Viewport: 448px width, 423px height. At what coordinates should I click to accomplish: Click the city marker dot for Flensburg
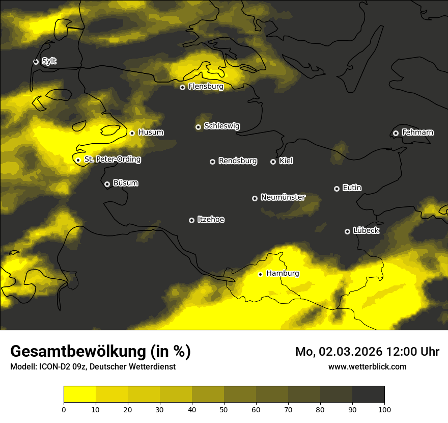pyautogui.click(x=182, y=87)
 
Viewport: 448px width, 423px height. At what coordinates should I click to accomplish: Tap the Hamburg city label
pyautogui.click(x=283, y=273)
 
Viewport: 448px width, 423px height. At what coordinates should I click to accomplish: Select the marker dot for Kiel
pyautogui.click(x=273, y=162)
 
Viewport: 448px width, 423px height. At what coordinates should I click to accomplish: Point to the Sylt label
pyautogui.click(x=49, y=61)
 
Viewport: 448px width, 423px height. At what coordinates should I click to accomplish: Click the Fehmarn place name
pyautogui.click(x=417, y=133)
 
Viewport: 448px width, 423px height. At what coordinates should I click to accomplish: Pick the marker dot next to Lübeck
pyautogui.click(x=347, y=231)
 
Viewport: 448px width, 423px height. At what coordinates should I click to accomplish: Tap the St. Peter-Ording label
pyautogui.click(x=113, y=160)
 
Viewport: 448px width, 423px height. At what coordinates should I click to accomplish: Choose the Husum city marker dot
pyautogui.click(x=132, y=133)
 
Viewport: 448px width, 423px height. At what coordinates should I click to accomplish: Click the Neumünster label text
pyautogui.click(x=283, y=197)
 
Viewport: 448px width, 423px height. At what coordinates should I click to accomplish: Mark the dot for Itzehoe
pyautogui.click(x=191, y=220)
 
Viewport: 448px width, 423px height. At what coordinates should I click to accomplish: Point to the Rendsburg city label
pyautogui.click(x=238, y=161)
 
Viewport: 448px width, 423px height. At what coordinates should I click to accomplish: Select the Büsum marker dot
pyautogui.click(x=107, y=184)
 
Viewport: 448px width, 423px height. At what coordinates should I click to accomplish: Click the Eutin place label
pyautogui.click(x=352, y=188)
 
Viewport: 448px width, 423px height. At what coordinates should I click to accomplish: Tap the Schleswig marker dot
pyautogui.click(x=198, y=127)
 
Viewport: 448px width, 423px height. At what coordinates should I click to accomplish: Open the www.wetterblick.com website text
pyautogui.click(x=367, y=366)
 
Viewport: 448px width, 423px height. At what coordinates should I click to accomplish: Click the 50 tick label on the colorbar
pyautogui.click(x=224, y=409)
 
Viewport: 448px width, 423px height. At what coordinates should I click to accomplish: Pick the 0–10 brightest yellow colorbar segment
pyautogui.click(x=79, y=394)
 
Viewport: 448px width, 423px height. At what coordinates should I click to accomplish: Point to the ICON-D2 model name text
pyautogui.click(x=55, y=367)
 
